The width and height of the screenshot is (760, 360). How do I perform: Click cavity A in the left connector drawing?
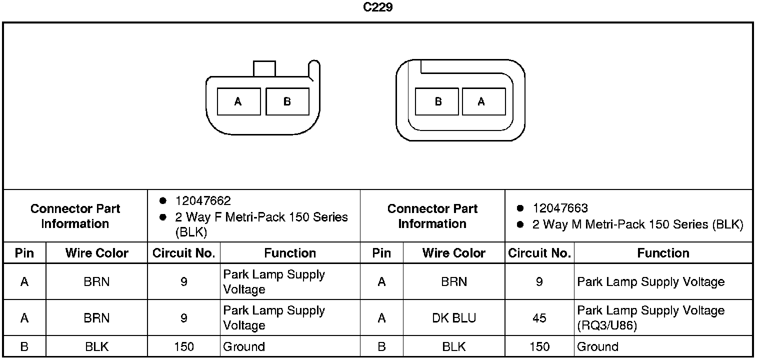(x=238, y=101)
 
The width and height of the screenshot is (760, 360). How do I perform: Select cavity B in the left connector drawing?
(x=287, y=101)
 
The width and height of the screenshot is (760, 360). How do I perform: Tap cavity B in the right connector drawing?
(x=438, y=101)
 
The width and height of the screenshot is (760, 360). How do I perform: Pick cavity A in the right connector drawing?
(x=481, y=101)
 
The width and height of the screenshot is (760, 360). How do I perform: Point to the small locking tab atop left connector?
(x=264, y=69)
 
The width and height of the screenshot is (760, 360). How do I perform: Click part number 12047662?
(x=203, y=201)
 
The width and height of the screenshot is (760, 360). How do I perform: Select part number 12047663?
(x=560, y=208)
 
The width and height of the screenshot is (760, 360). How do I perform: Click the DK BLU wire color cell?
(x=454, y=318)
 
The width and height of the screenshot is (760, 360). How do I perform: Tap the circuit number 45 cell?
(x=539, y=318)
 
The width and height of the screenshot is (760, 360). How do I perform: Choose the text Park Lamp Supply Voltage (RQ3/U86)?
(x=650, y=318)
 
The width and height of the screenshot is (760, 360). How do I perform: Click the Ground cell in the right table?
(x=597, y=347)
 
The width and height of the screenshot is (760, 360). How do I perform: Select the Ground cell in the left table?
(x=244, y=347)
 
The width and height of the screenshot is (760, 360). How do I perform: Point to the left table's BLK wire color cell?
(x=97, y=347)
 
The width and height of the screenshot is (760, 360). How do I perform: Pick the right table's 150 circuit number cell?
(x=539, y=347)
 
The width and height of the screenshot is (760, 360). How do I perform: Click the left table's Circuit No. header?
(x=184, y=253)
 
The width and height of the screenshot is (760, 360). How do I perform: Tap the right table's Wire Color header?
(x=454, y=253)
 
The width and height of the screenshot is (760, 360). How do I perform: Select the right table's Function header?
(x=663, y=253)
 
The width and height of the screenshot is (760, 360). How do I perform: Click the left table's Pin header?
(x=24, y=253)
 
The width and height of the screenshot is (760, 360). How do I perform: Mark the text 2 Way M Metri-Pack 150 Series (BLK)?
(x=637, y=225)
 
